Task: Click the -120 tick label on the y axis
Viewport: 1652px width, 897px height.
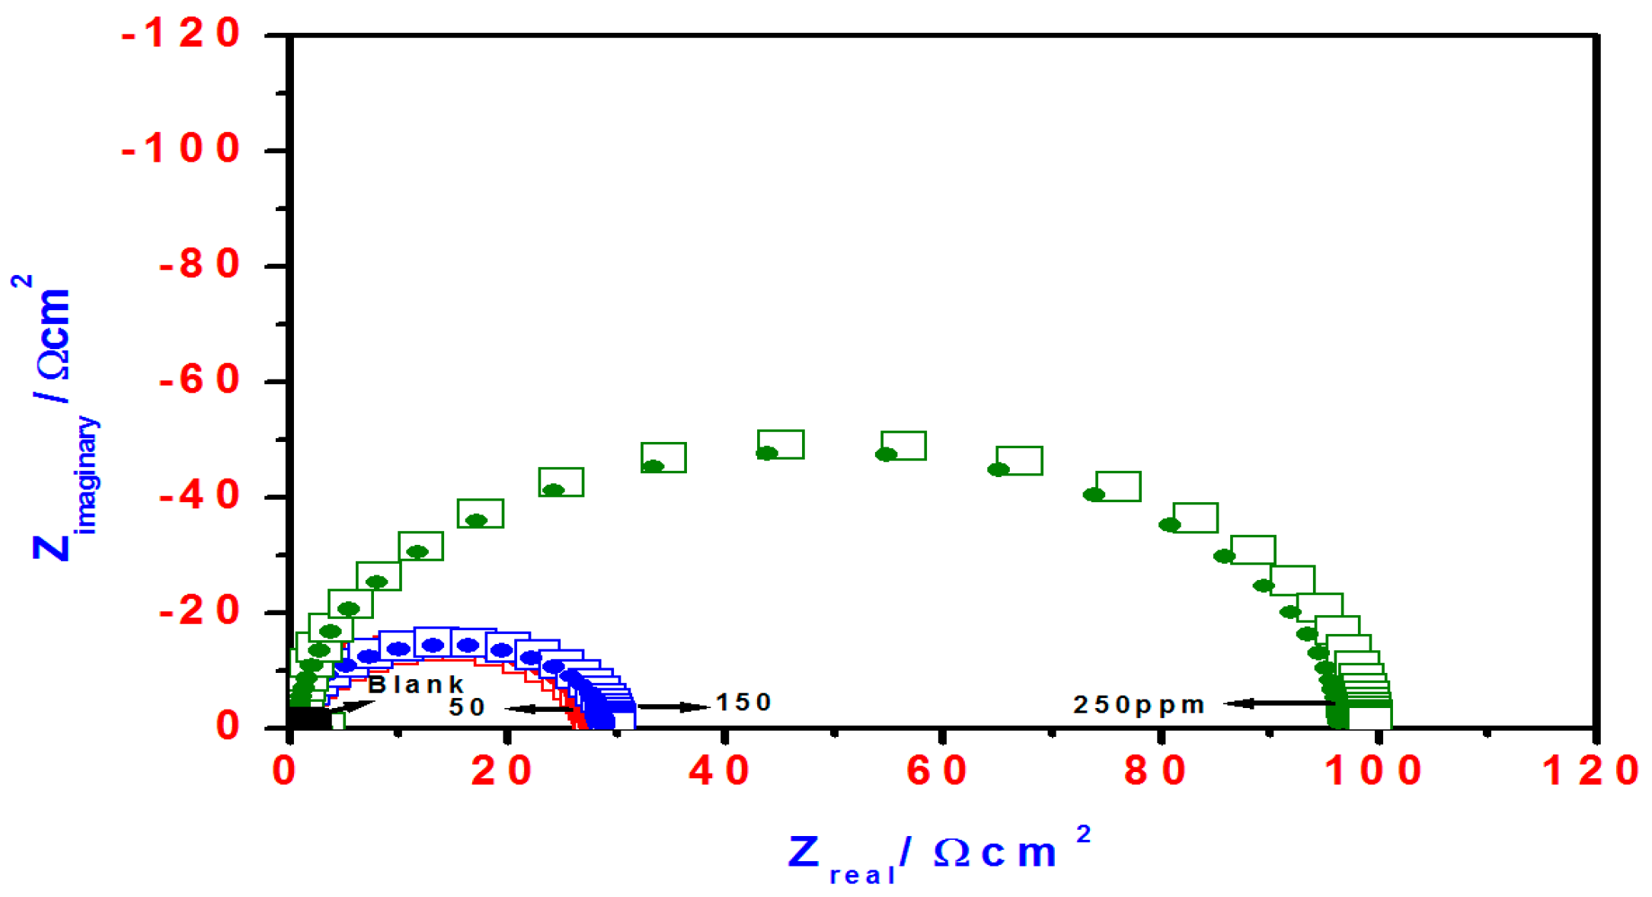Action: pyautogui.click(x=181, y=34)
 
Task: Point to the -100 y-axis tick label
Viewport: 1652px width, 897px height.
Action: pyautogui.click(x=181, y=149)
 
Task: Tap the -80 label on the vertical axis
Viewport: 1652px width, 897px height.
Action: pyautogui.click(x=199, y=265)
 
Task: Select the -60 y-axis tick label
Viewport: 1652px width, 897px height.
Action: pyautogui.click(x=199, y=380)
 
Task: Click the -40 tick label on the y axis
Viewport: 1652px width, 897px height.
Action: pyautogui.click(x=199, y=497)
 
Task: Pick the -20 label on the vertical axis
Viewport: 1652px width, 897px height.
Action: pyautogui.click(x=199, y=612)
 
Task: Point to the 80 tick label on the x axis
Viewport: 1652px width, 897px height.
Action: pyautogui.click(x=1155, y=771)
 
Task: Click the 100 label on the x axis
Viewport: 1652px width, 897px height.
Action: pyautogui.click(x=1373, y=771)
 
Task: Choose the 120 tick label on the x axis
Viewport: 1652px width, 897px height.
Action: pyautogui.click(x=1590, y=771)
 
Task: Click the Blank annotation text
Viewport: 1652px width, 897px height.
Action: pyautogui.click(x=416, y=684)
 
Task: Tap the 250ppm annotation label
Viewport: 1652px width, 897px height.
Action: pyautogui.click(x=1139, y=705)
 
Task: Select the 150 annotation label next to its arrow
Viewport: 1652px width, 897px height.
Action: pyautogui.click(x=743, y=702)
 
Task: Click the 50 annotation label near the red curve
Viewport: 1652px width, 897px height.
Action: pyautogui.click(x=467, y=707)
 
